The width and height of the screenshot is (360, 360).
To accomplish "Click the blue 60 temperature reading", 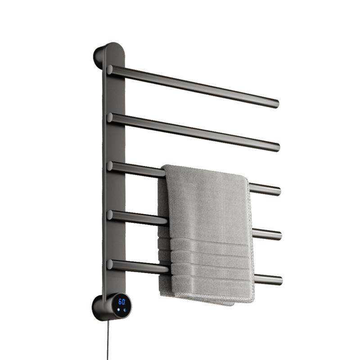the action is point(122,301).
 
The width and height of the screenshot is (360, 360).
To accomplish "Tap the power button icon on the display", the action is point(125,310).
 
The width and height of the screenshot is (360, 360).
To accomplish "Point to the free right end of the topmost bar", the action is point(276,104).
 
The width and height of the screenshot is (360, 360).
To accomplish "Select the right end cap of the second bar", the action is point(277,148).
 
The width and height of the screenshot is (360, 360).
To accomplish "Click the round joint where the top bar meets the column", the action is point(110,70).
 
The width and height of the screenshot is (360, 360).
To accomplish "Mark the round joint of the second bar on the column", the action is point(110,117).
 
